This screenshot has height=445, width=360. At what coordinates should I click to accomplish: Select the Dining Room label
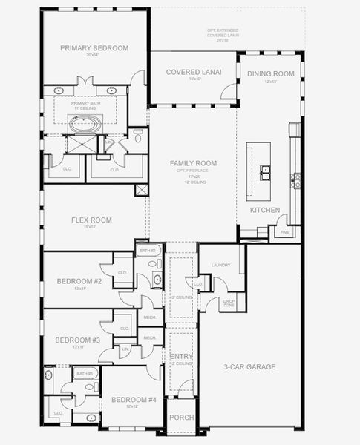[272, 73]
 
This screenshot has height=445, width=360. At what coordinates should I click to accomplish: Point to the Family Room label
[193, 163]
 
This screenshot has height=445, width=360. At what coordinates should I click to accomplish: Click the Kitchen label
[265, 211]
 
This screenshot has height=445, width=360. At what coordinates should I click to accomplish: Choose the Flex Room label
[91, 220]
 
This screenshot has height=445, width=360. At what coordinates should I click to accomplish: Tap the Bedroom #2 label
[79, 281]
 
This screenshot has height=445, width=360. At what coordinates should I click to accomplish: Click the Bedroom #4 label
[134, 400]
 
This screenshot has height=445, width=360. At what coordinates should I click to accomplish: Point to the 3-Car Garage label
[249, 366]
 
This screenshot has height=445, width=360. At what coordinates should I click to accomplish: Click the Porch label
[182, 418]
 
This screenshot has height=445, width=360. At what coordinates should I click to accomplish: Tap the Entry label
[182, 357]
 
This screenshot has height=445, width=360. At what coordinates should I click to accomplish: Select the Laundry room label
[220, 265]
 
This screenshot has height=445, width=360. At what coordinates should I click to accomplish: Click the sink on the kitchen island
[265, 171]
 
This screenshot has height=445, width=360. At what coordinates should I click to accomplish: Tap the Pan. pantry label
[284, 232]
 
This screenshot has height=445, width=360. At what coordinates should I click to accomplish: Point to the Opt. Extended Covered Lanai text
[226, 34]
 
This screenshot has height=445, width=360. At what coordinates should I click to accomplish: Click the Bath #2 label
[147, 251]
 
